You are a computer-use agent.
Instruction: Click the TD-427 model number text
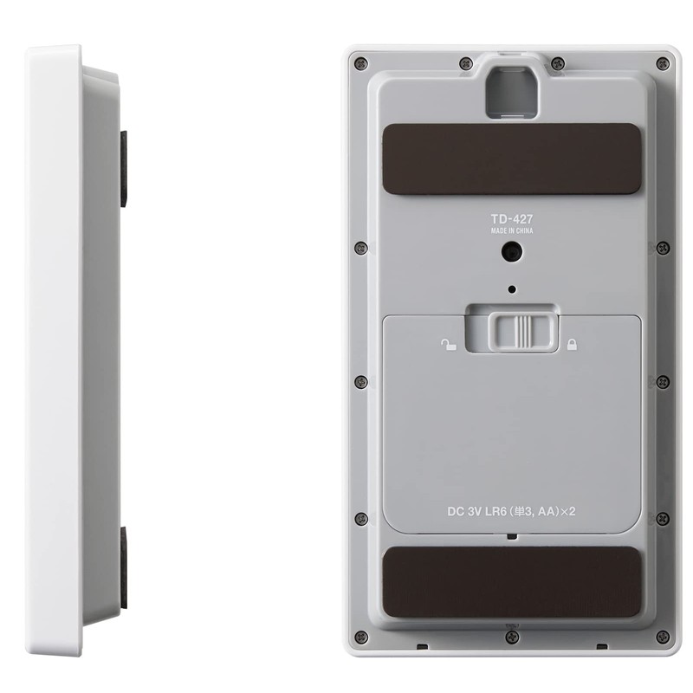(512, 219)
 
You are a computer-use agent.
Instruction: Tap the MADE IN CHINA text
(512, 230)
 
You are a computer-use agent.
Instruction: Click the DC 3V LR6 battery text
(511, 511)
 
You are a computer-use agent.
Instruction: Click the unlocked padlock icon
(449, 344)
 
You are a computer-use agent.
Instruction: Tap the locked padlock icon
(572, 344)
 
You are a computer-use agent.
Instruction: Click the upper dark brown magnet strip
(511, 159)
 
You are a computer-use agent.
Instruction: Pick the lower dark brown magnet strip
(511, 582)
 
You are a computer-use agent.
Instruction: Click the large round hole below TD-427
(512, 252)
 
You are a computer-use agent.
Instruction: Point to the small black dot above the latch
(512, 289)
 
